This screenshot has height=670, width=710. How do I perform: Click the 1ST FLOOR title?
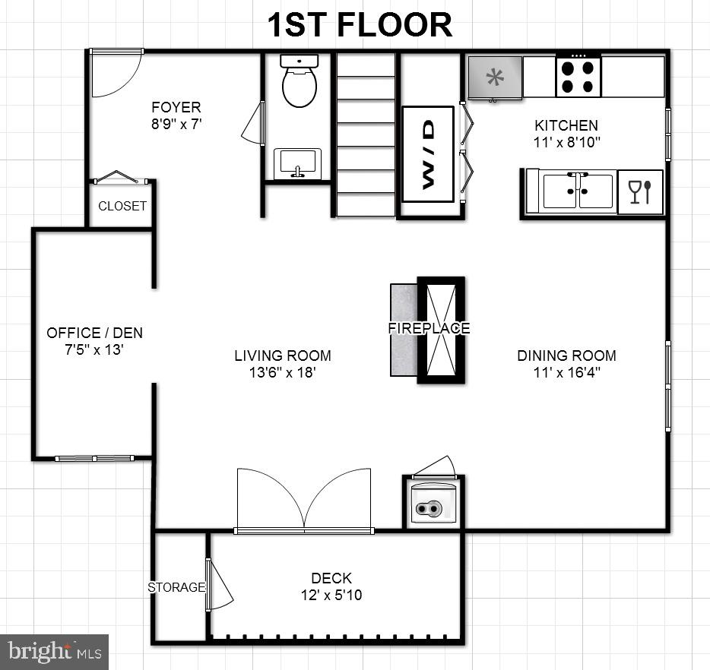point(359,24)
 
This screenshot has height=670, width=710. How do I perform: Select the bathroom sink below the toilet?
point(297,163)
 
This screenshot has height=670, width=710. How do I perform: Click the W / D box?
point(427,154)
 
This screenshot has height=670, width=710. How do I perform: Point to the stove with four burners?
point(578,77)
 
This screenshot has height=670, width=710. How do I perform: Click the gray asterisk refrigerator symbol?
point(495,77)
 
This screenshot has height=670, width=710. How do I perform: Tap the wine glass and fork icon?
point(640,191)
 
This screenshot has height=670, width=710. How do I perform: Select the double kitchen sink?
point(577,191)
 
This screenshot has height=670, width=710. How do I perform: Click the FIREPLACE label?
point(429,328)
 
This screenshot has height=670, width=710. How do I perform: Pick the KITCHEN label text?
point(566,125)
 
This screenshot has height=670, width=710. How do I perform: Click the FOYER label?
point(176,107)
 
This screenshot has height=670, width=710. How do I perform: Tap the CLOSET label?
point(122,206)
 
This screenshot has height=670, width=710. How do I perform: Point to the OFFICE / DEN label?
point(94,333)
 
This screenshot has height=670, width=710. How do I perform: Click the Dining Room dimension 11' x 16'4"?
point(566,372)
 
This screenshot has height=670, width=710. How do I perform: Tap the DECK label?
point(331,579)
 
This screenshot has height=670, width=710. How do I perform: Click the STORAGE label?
point(176,587)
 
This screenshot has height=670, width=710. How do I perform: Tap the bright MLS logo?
point(55,651)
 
